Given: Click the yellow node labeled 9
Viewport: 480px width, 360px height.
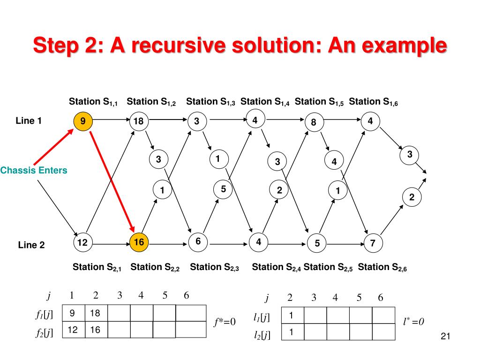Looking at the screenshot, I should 82,121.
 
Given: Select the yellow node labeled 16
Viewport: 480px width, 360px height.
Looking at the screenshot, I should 139,242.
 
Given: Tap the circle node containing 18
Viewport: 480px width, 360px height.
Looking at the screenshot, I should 139,121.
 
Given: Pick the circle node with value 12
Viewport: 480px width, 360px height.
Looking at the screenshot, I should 82,242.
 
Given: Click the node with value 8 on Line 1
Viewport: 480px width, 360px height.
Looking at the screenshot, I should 314,123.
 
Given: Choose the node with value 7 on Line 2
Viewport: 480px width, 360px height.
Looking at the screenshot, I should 373,243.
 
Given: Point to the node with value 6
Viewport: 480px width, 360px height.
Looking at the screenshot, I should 198,241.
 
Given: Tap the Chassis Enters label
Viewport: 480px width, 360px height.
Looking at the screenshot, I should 34,171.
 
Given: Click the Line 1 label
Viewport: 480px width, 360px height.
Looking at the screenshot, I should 29,121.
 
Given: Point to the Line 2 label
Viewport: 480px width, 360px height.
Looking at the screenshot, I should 31,244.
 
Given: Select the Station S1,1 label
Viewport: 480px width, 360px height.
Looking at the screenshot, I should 93,102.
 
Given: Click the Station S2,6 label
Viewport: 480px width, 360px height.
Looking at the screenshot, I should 382,268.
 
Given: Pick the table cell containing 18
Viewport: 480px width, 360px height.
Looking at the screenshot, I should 96,313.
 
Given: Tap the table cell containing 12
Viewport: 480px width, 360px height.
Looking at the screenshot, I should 72,330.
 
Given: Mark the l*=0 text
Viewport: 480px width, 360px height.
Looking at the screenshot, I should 413,322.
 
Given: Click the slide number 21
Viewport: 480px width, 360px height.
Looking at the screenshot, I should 446,336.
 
